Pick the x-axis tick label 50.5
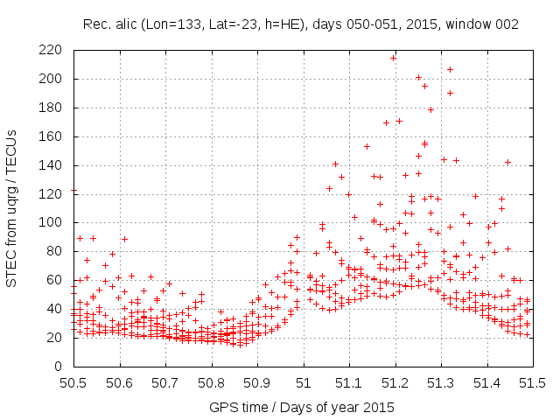73,382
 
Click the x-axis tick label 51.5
533,382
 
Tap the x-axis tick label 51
303,382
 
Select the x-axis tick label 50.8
211,382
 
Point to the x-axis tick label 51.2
395,382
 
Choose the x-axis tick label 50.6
119,382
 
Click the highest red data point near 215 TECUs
394,59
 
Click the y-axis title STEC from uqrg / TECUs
12,207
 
